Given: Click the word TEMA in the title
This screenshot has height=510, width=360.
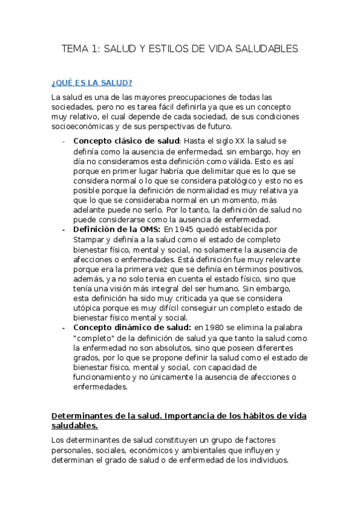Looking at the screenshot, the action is (x=75, y=49).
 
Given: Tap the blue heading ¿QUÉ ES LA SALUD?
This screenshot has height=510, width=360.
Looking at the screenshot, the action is (x=92, y=82).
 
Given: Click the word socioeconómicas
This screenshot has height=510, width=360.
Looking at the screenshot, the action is (x=85, y=126).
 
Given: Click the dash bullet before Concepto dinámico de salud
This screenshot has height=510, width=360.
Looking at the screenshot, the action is (x=64, y=328).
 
